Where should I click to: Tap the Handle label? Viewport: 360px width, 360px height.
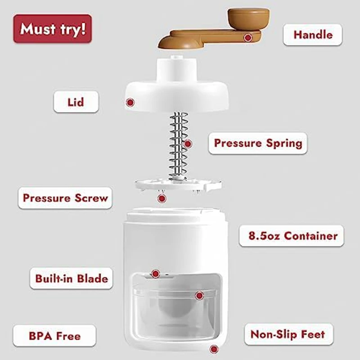tap(312, 34)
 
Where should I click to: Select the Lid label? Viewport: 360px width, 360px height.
tap(76, 102)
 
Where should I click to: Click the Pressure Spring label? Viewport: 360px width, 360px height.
tap(257, 143)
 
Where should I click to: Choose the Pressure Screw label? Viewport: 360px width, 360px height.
tap(65, 198)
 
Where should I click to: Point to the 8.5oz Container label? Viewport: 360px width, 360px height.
tap(293, 235)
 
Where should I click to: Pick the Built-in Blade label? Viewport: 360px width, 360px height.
tap(72, 278)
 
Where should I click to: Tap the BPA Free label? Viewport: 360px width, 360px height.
tap(54, 336)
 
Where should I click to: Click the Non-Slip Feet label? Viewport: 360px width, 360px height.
tap(287, 334)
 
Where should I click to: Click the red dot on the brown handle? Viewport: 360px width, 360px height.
tap(247, 38)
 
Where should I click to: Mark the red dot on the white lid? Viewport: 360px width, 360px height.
tap(130, 102)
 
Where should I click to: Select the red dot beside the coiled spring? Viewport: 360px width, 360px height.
tap(188, 144)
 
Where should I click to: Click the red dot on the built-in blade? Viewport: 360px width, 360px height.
tap(155, 274)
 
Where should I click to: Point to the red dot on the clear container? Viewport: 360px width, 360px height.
tap(199, 296)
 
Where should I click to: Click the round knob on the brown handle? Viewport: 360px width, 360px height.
tap(248, 18)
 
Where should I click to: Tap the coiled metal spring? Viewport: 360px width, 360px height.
tap(178, 144)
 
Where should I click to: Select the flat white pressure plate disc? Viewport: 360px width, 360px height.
tap(178, 184)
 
